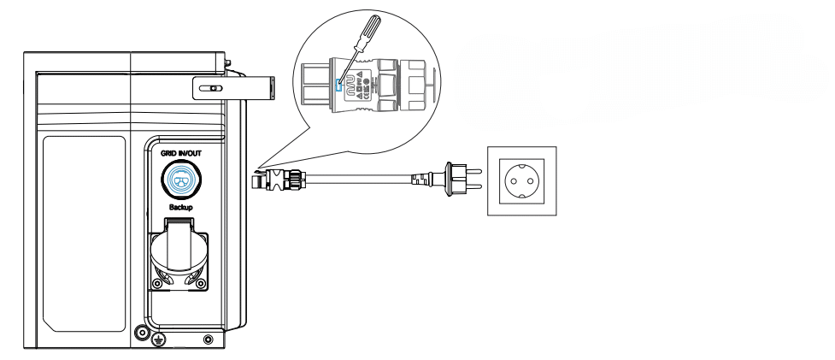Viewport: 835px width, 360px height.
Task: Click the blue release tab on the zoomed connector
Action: coord(339,84)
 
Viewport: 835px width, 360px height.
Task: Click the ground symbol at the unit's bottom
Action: coord(157,340)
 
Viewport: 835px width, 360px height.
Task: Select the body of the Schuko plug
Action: coord(447,180)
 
